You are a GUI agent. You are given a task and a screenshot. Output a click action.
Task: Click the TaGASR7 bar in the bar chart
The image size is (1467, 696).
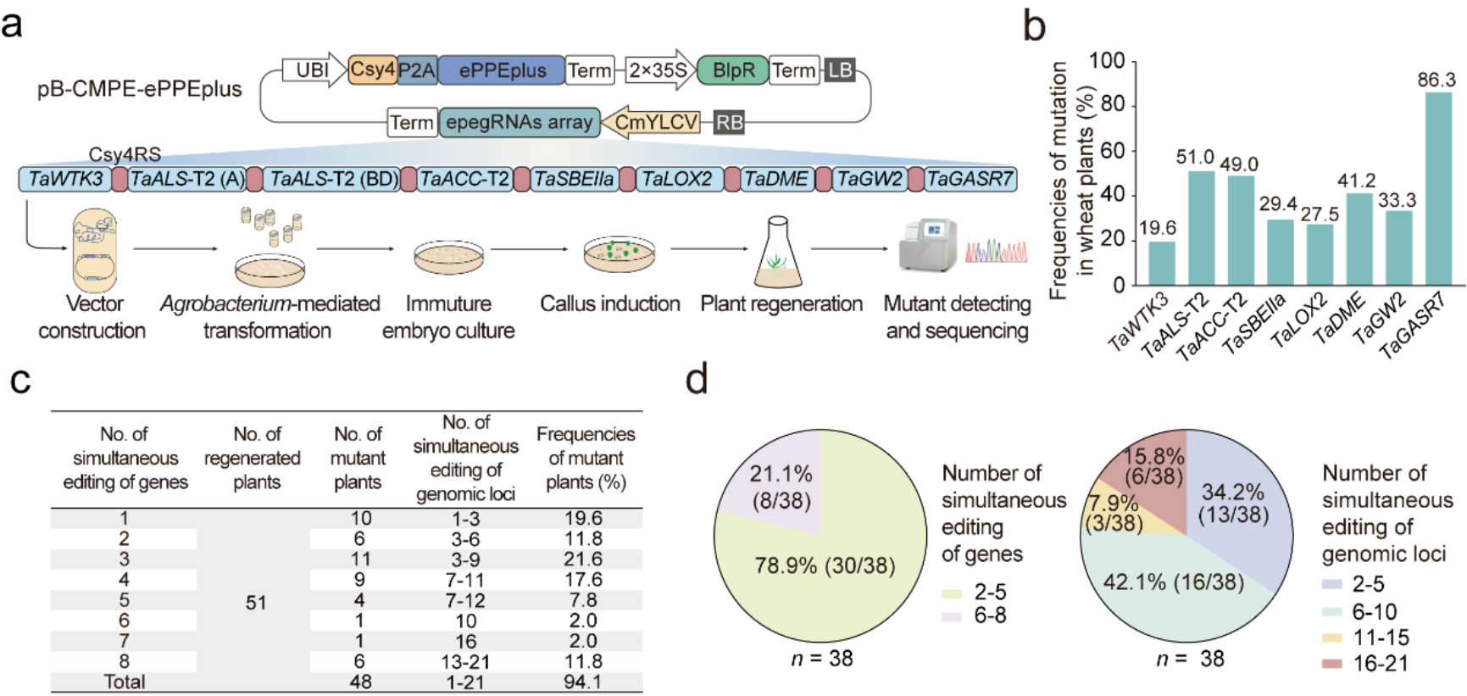point(1438,188)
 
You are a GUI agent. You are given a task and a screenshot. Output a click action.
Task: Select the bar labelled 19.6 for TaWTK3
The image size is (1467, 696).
point(1161,263)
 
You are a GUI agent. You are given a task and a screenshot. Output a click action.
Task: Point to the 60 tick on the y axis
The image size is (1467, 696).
point(1113,150)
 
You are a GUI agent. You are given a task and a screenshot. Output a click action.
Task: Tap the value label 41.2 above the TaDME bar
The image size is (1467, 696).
point(1356,181)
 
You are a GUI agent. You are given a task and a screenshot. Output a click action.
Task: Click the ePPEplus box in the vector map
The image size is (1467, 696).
point(502,70)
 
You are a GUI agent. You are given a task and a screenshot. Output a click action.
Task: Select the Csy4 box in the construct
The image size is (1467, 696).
point(372,70)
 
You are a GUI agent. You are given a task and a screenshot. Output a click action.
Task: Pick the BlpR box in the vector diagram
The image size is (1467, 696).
point(732,70)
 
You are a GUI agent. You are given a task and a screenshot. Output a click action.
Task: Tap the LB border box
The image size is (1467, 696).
point(840,70)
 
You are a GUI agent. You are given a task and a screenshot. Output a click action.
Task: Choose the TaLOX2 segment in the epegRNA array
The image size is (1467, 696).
point(678,180)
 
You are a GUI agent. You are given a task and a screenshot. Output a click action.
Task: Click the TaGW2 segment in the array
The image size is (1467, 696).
point(870,180)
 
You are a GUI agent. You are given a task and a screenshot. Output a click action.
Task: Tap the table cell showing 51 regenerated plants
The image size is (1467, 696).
point(256,603)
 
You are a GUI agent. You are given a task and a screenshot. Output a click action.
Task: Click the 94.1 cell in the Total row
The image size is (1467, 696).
point(583,682)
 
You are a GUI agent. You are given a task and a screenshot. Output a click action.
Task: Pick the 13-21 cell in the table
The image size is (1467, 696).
point(466,661)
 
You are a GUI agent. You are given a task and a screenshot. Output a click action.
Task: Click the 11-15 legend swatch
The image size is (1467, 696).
point(1332,638)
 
